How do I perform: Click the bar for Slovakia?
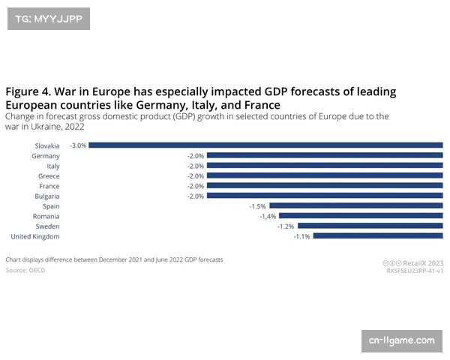266,145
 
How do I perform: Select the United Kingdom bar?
378,236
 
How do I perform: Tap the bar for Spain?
356,205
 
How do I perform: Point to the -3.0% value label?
78,145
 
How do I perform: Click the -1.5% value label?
258,205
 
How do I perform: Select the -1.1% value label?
302,236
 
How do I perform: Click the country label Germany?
46,156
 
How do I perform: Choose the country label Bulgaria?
46,196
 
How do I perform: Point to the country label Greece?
49,176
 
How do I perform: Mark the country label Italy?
53,166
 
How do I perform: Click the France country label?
49,186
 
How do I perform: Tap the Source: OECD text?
25,270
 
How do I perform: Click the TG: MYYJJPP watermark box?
48,17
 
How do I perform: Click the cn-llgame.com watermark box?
401,340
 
